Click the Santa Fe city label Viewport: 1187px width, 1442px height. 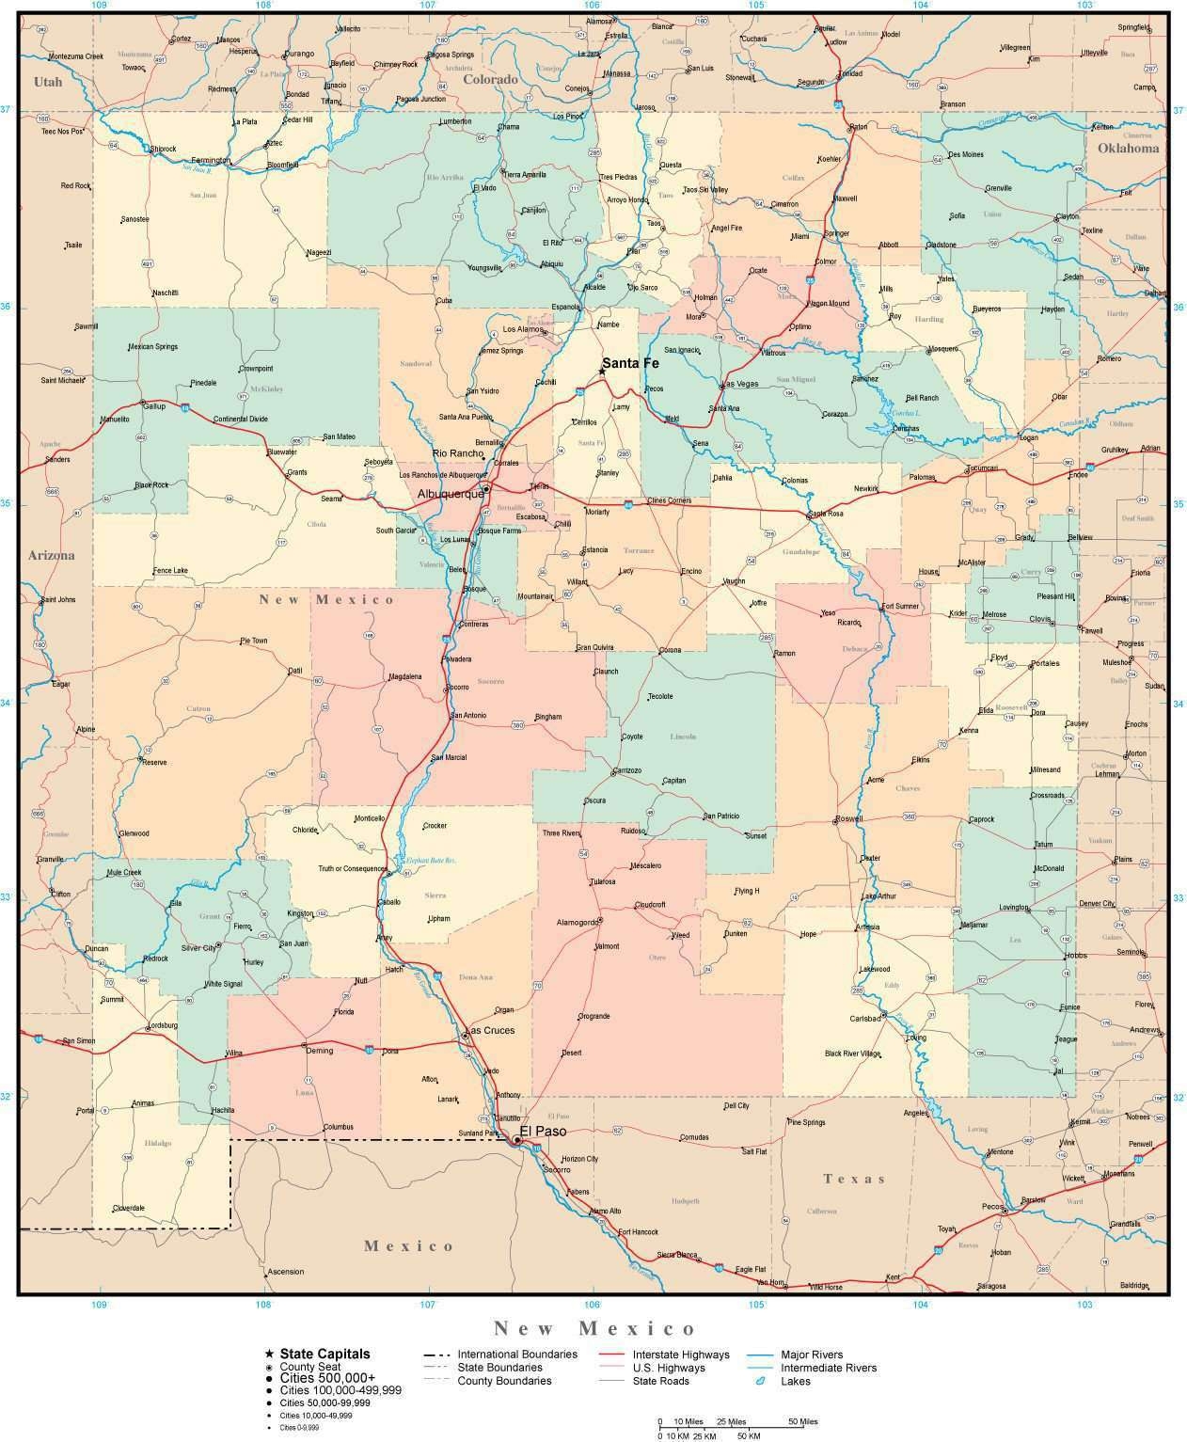(630, 363)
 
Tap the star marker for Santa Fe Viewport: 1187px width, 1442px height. (602, 372)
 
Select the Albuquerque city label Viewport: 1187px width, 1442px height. (450, 493)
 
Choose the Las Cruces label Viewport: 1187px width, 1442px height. (490, 1031)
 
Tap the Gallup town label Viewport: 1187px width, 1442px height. (153, 406)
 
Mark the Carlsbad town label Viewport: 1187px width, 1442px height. (864, 1019)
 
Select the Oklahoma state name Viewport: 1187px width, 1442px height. (1128, 148)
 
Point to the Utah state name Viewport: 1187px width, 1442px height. (48, 82)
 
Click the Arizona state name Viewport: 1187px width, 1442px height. (51, 555)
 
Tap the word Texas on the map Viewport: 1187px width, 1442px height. (854, 1179)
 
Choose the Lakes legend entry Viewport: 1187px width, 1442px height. (795, 1381)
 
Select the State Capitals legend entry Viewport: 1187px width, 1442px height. (324, 1354)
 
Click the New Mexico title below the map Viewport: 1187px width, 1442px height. (594, 1328)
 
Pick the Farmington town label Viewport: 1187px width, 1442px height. (210, 160)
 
